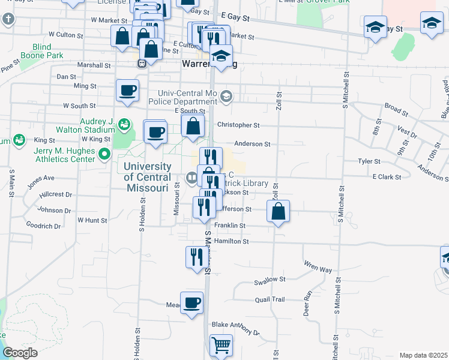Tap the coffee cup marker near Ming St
[x=127, y=91]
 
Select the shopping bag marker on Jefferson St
[x=278, y=211]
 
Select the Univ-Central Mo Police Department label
[x=188, y=98]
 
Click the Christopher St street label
[x=238, y=125]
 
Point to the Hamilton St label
[x=232, y=241]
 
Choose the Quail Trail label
[x=270, y=299]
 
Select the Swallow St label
[x=270, y=280]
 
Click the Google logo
[x=20, y=353]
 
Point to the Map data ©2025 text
[x=423, y=355]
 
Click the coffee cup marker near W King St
[x=155, y=132]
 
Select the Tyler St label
[x=369, y=161]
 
